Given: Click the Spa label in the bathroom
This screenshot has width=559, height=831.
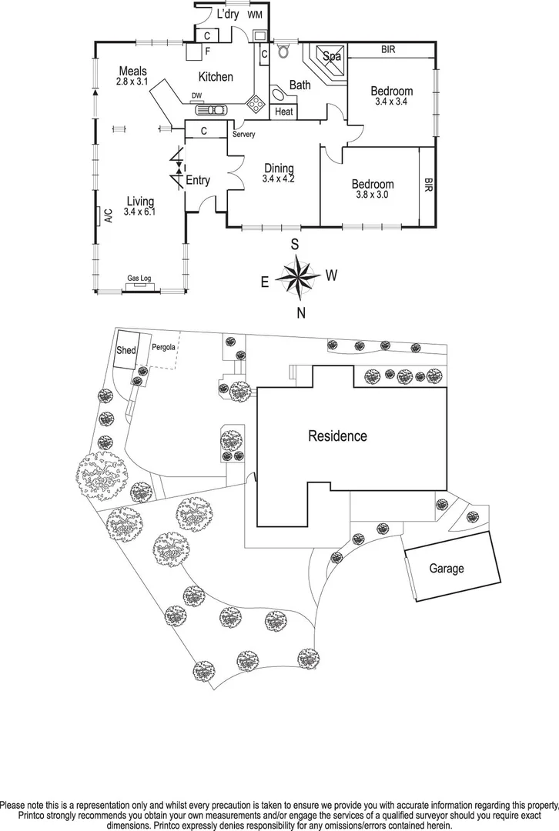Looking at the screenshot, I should [x=331, y=56].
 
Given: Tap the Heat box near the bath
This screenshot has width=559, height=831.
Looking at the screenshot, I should [x=283, y=112].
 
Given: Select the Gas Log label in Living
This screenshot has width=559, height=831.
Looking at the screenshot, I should [x=139, y=278].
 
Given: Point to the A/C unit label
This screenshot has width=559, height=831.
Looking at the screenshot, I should [x=108, y=216].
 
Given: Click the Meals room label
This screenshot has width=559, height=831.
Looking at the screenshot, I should [x=132, y=72].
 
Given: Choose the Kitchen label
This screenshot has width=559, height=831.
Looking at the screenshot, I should [x=216, y=76].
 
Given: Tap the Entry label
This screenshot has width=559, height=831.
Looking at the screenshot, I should [x=198, y=180].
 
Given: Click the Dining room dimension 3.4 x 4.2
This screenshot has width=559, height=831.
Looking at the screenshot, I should [x=279, y=179].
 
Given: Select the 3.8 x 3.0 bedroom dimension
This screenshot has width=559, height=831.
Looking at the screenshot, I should [x=373, y=195].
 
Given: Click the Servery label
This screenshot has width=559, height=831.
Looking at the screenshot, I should [x=244, y=135].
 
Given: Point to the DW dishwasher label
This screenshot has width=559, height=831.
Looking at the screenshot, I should [x=197, y=96].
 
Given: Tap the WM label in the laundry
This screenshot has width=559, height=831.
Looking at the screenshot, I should [x=255, y=15].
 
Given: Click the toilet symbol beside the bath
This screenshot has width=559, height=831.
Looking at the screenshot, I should [x=283, y=51].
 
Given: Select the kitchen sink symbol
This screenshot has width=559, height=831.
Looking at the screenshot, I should [x=213, y=109].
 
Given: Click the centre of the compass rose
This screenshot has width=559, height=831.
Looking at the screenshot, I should [x=296, y=274].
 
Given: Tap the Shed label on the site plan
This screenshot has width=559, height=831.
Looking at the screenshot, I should [x=126, y=351].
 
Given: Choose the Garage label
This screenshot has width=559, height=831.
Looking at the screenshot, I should [x=447, y=569].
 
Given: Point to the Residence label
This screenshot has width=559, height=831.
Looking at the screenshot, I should [x=338, y=436].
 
